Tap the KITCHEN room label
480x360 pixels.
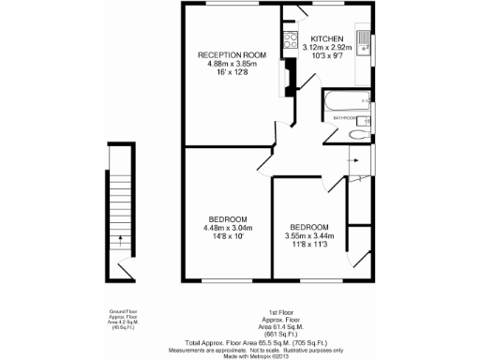(x=327, y=38)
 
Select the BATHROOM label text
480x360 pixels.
(x=344, y=119)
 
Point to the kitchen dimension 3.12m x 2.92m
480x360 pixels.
(x=327, y=47)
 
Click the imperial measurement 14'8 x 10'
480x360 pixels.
(x=227, y=236)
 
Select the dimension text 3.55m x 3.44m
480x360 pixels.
(x=308, y=236)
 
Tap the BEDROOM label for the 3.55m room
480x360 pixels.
(x=308, y=228)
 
